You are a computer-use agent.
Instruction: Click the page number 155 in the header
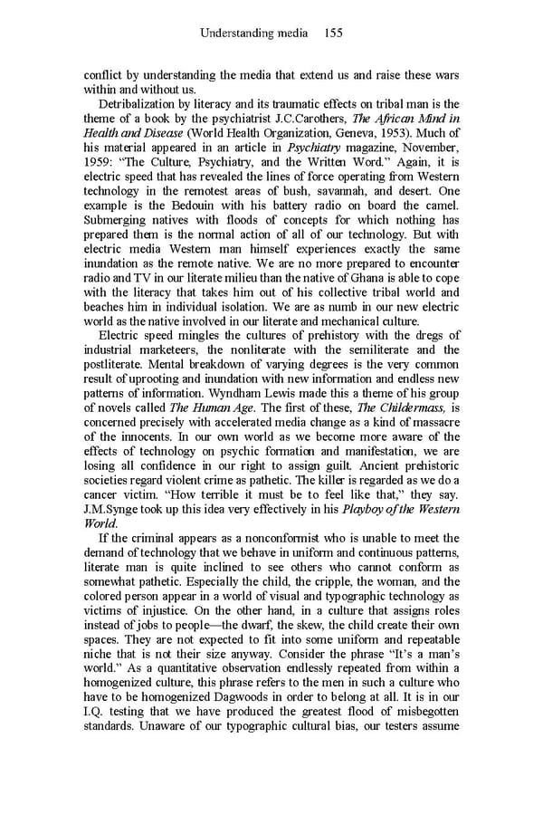[332, 34]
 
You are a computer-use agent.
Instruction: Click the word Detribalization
[139, 104]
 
